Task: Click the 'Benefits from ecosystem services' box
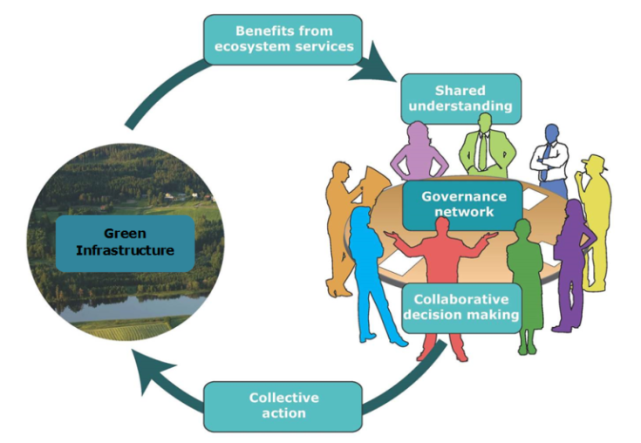[x=283, y=39]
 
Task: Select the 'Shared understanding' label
[x=460, y=99]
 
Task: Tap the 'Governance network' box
[x=462, y=204]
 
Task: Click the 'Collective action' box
[x=283, y=406]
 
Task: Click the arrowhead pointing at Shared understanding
[x=378, y=71]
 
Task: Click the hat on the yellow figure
[x=595, y=162]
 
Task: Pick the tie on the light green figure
[x=481, y=152]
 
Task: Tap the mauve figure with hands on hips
[x=419, y=157]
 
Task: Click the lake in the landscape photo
[x=131, y=306]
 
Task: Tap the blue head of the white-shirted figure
[x=551, y=133]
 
